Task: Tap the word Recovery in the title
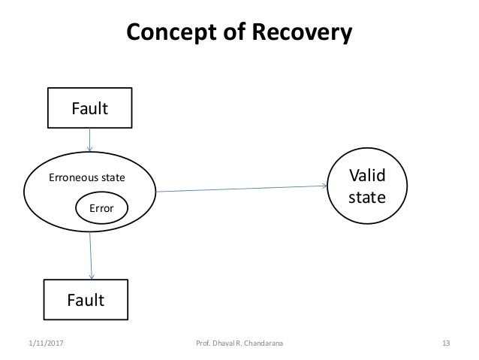[302, 32]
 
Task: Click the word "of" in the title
[234, 32]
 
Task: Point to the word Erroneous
[72, 177]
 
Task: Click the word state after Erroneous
[111, 177]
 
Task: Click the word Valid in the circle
[367, 175]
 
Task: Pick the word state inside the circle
[367, 197]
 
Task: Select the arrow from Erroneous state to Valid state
[241, 189]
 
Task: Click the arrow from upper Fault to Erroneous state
[90, 140]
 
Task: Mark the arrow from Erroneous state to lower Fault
[91, 256]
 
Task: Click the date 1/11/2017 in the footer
[46, 343]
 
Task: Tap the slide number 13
[446, 343]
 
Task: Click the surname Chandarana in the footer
[264, 343]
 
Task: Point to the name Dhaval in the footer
[224, 343]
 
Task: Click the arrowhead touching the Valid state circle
[325, 186]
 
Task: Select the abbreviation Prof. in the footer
[203, 343]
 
